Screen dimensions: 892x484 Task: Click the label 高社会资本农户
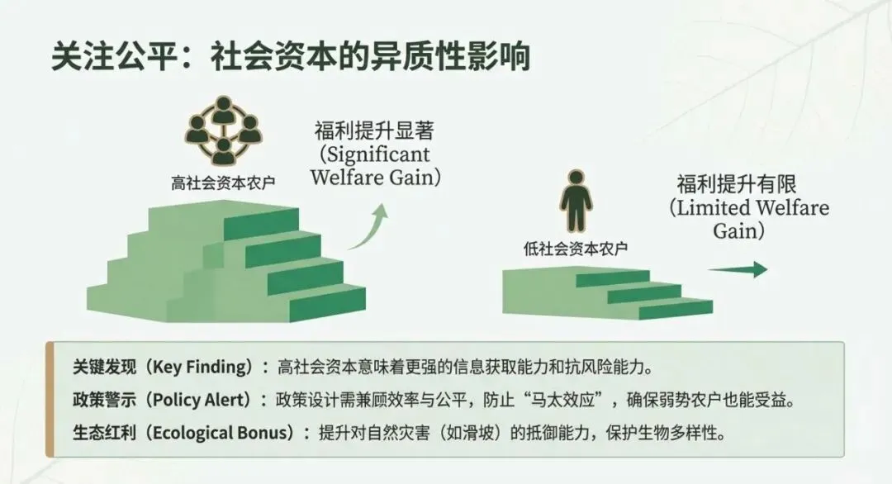point(223,182)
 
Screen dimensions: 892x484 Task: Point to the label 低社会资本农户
point(575,247)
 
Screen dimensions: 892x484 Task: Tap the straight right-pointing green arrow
point(738,269)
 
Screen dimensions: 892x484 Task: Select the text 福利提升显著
point(374,131)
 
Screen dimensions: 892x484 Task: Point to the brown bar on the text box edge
point(50,399)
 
